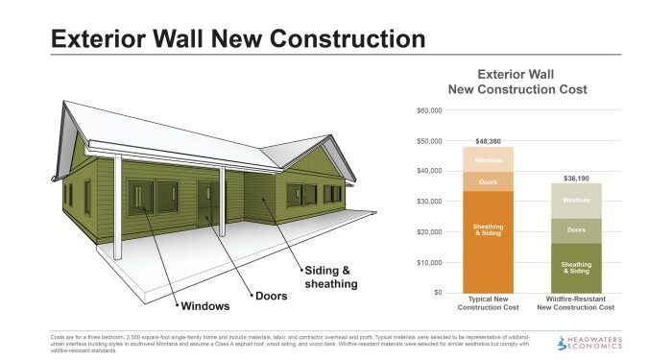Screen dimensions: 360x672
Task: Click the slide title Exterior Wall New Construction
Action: [x=237, y=39]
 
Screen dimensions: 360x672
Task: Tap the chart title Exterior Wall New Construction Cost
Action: [x=518, y=82]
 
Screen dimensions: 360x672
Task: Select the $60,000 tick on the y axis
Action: [x=429, y=110]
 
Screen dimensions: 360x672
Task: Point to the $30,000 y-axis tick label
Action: [x=429, y=202]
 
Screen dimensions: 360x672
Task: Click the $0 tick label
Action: [x=437, y=292]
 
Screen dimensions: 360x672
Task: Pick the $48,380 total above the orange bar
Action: [x=488, y=140]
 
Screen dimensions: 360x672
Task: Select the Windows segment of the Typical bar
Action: [x=488, y=159]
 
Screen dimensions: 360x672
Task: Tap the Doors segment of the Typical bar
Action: [x=488, y=181]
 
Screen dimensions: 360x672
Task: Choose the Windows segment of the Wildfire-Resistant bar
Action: [x=575, y=201]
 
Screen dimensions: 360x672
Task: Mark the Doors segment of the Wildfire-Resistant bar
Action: [x=575, y=230]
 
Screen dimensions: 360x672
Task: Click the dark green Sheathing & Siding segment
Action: [x=575, y=268]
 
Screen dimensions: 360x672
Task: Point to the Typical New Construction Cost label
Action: [x=488, y=304]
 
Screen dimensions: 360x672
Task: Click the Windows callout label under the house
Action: [x=204, y=307]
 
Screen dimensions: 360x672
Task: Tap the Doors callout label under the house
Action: [x=272, y=295]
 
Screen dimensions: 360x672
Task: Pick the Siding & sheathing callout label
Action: [x=330, y=277]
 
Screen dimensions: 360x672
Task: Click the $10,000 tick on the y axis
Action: [x=429, y=262]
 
